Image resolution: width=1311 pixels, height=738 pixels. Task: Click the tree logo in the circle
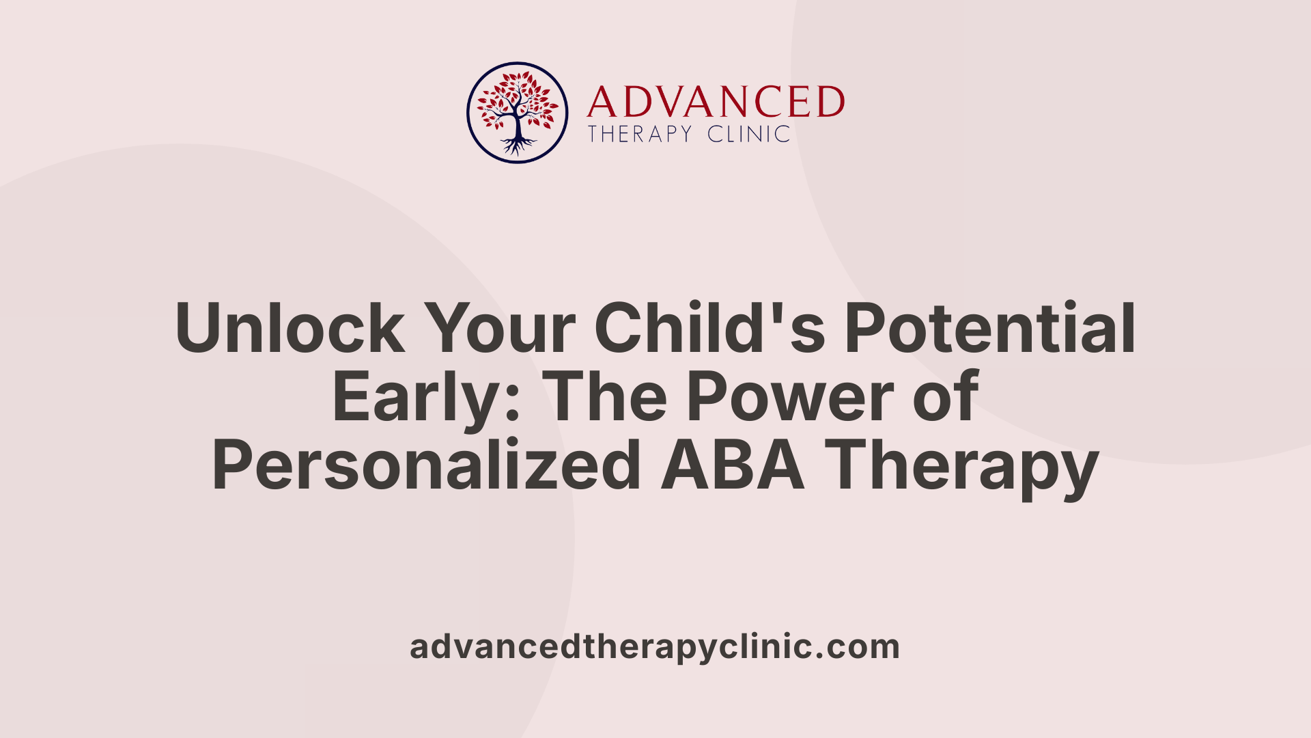[517, 113]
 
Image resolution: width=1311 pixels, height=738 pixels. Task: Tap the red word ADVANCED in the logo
[716, 102]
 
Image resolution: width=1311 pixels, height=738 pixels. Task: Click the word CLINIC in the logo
[749, 134]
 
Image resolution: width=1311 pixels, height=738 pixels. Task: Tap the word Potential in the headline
[990, 329]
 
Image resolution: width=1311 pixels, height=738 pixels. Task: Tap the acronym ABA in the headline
[733, 466]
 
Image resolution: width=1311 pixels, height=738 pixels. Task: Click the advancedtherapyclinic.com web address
[655, 646]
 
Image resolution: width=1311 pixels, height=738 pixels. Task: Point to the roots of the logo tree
[517, 146]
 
